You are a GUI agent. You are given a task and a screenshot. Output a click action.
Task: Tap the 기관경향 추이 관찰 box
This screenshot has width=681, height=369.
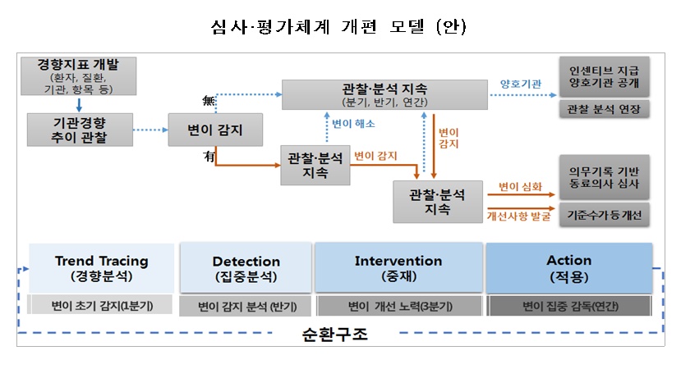(79, 130)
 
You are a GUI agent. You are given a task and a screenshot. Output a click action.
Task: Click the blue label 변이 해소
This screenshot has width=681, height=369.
(353, 124)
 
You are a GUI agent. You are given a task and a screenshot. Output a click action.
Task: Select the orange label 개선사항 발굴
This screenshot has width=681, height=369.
(518, 216)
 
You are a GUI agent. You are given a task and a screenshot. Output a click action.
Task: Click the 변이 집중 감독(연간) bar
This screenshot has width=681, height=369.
(568, 306)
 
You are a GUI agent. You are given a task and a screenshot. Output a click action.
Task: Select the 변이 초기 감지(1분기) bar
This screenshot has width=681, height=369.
(101, 306)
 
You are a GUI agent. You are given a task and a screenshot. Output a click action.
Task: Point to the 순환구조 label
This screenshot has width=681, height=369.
(339, 335)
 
